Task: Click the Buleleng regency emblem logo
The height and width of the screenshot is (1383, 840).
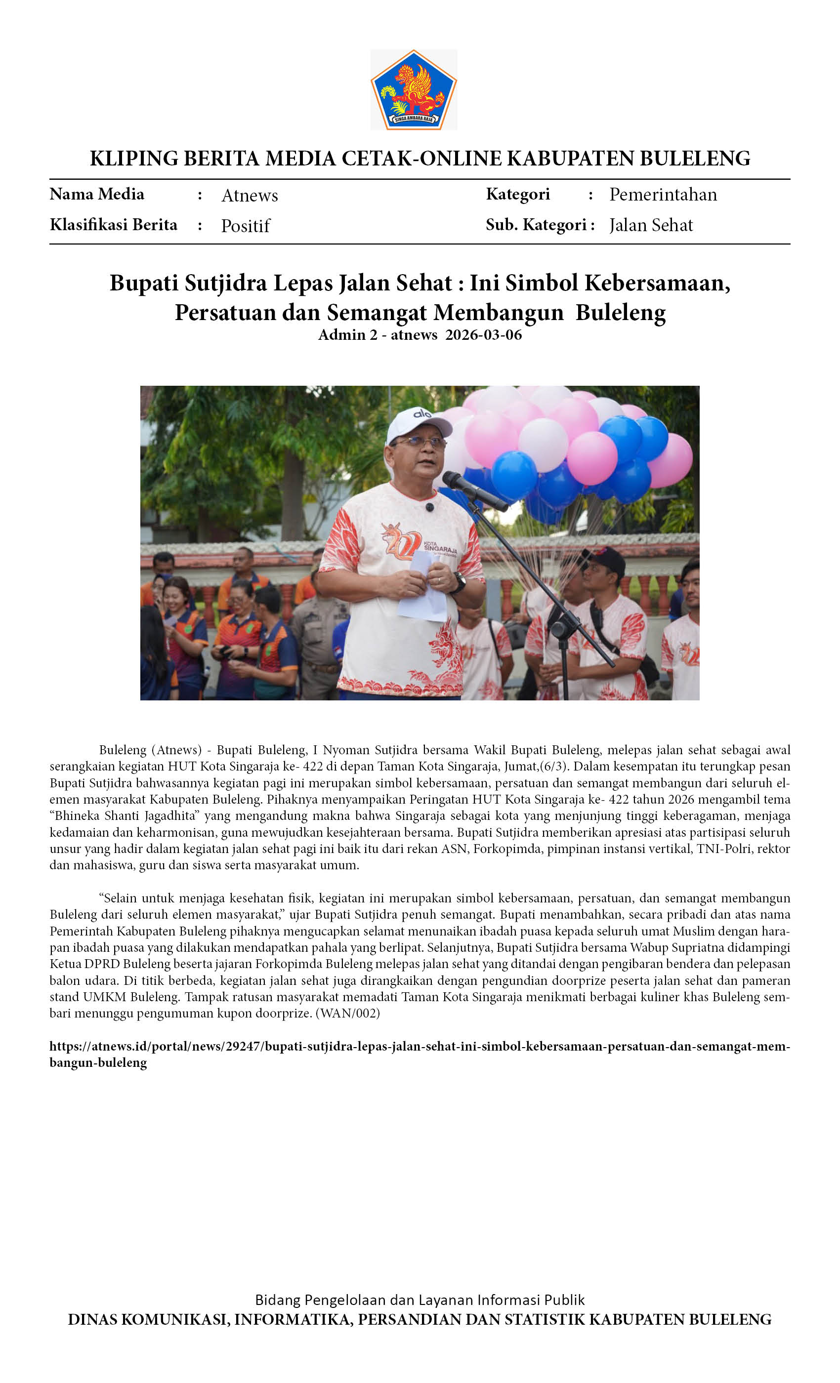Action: point(413,90)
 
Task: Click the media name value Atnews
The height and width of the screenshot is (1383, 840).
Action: point(250,195)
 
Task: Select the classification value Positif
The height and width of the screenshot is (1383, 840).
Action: point(246,226)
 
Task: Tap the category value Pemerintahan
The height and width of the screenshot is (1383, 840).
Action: point(663,194)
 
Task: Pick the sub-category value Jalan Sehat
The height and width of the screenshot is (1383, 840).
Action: point(651,225)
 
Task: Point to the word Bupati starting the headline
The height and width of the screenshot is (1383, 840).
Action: point(144,283)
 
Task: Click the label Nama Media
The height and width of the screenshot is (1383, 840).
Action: point(96,194)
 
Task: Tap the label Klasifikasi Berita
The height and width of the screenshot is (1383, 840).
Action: point(114,225)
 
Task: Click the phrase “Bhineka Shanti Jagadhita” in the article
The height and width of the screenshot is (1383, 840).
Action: point(125,815)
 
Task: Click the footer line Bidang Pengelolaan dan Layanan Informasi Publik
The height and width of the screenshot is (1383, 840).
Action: point(420,1300)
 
